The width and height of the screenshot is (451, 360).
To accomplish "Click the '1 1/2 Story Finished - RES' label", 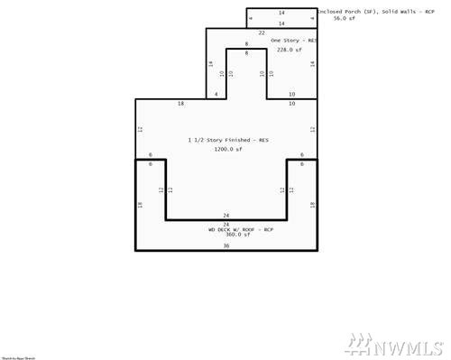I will (228, 141).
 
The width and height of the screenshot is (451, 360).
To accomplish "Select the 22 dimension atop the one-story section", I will (262, 32).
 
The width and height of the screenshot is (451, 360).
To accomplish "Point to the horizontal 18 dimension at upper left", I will (181, 105).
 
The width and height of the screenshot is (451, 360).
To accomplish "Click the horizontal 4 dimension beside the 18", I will (216, 95).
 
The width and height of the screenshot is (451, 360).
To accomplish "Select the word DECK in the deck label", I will (209, 229).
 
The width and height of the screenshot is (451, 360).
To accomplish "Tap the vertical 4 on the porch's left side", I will (250, 18).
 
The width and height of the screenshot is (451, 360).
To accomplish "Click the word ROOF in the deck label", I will (239, 229).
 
